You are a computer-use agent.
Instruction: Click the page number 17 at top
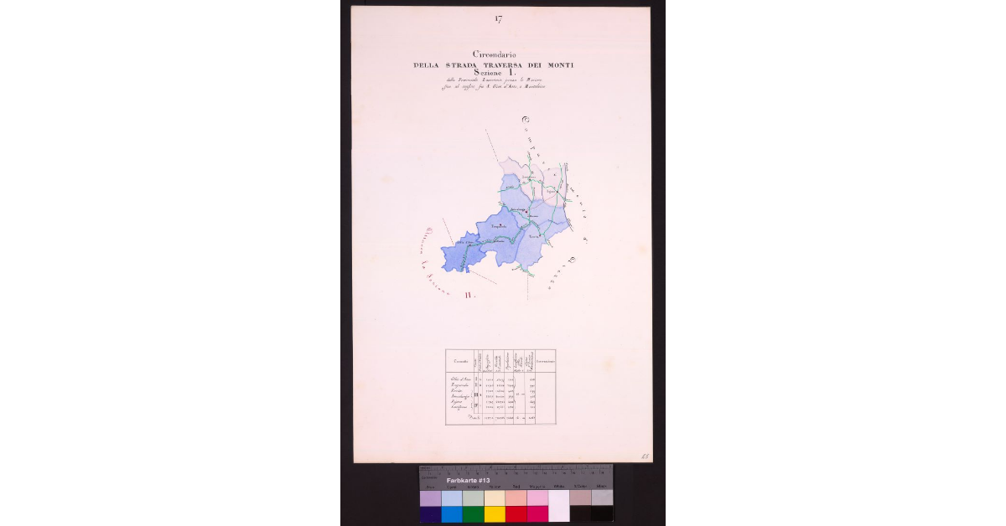pos(499,18)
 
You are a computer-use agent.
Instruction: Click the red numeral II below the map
pos(470,295)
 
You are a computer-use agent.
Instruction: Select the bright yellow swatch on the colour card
pos(495,513)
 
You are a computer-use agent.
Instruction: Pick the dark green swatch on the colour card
pos(473,513)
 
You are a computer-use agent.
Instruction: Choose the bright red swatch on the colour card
pos(516,513)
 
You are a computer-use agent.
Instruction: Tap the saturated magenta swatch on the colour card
pos(537,513)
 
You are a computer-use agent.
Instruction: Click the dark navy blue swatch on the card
pos(430,513)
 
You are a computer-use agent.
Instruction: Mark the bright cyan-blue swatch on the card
pos(452,513)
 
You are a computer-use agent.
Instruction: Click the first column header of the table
pos(459,360)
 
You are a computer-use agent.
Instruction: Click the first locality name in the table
pos(460,379)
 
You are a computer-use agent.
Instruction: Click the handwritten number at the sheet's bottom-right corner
pos(646,456)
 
